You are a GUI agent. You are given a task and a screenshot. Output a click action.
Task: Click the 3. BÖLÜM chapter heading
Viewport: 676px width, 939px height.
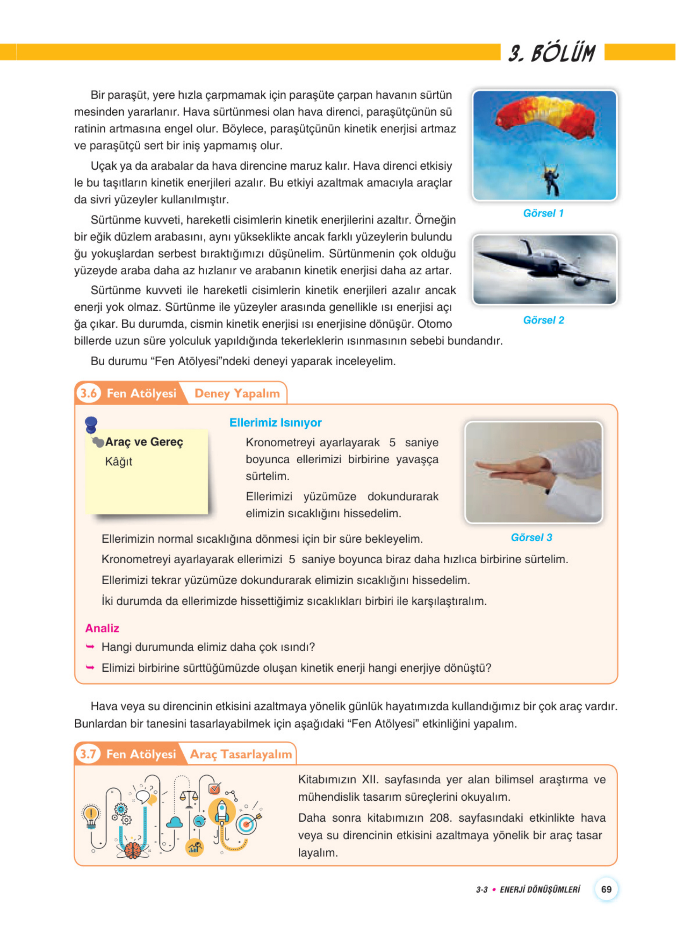(x=552, y=53)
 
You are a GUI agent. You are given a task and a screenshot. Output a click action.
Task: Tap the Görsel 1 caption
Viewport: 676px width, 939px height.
(x=543, y=213)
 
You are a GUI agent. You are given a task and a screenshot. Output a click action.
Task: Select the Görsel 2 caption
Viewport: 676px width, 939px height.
(x=543, y=320)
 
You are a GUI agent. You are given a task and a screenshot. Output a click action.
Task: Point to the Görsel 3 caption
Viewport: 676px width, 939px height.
(x=531, y=537)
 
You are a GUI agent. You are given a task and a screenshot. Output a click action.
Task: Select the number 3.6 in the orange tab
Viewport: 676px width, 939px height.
(x=89, y=393)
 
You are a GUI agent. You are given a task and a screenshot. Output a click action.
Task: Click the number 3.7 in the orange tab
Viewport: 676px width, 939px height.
(x=88, y=753)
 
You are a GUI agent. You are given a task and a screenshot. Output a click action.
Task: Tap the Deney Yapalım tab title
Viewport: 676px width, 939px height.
(x=237, y=393)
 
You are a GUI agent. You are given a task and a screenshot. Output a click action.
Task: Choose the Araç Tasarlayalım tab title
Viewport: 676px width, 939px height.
(x=241, y=754)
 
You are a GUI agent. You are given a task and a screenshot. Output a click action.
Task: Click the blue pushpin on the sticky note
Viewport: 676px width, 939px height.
(x=91, y=425)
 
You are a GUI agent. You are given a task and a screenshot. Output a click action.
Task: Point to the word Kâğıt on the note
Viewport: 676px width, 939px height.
(x=119, y=462)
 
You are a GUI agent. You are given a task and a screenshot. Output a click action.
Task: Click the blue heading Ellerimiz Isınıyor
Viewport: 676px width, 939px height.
(x=275, y=423)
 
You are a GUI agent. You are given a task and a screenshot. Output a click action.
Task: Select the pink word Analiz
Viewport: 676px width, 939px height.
(x=102, y=628)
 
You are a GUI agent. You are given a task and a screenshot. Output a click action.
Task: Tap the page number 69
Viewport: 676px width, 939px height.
(x=606, y=889)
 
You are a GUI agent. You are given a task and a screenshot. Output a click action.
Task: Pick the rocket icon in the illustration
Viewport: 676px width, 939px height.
(x=222, y=812)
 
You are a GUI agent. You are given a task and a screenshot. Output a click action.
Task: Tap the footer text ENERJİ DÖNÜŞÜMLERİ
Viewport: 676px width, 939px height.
(x=539, y=890)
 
